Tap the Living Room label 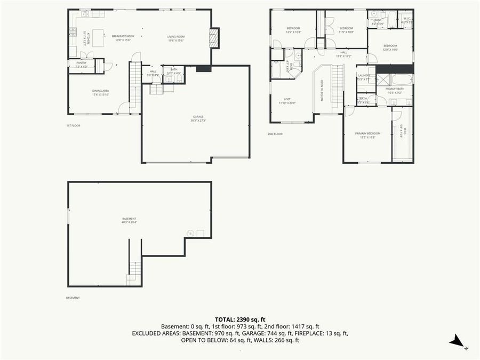[176, 36]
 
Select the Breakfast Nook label [123, 36]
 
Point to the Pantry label [81, 62]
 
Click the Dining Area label [100, 91]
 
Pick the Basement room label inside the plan [129, 219]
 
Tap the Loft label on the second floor [287, 99]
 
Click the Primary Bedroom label [368, 133]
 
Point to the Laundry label [364, 76]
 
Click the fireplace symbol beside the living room [214, 38]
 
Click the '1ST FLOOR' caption [73, 125]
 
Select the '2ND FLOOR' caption [275, 134]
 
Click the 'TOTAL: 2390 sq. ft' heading [240, 318]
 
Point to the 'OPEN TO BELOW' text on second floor [322, 90]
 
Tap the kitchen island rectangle [98, 38]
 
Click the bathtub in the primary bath [401, 80]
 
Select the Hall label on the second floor [343, 52]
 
